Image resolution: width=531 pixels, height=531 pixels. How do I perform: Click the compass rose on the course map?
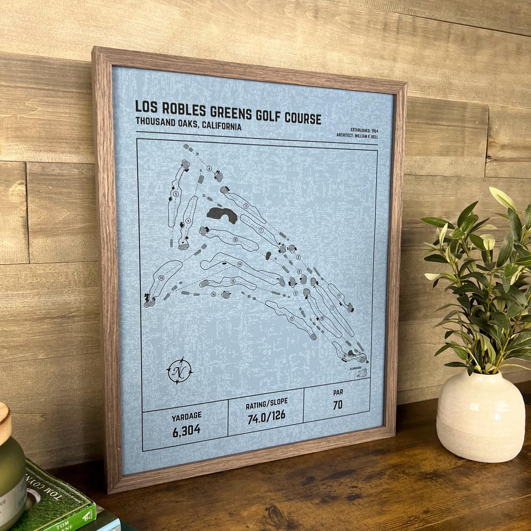179,371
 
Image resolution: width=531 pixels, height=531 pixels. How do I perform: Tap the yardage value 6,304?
186,430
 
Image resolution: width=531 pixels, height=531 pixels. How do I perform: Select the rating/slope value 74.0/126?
265,415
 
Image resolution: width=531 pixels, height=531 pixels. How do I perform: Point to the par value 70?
337,405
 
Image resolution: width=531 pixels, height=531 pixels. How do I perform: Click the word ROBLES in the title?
185,109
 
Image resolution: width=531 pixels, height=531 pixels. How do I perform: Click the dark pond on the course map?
222,214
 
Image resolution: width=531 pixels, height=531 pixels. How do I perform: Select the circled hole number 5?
176,195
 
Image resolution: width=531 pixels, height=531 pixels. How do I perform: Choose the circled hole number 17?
292,318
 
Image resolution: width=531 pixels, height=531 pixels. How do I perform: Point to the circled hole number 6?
209,169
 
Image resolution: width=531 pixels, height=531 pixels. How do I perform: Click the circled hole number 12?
236,239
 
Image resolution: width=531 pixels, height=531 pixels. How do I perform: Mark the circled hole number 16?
213,295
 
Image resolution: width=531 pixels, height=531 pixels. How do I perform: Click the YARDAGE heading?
186,416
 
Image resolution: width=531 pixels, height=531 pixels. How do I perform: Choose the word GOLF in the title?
272,117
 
